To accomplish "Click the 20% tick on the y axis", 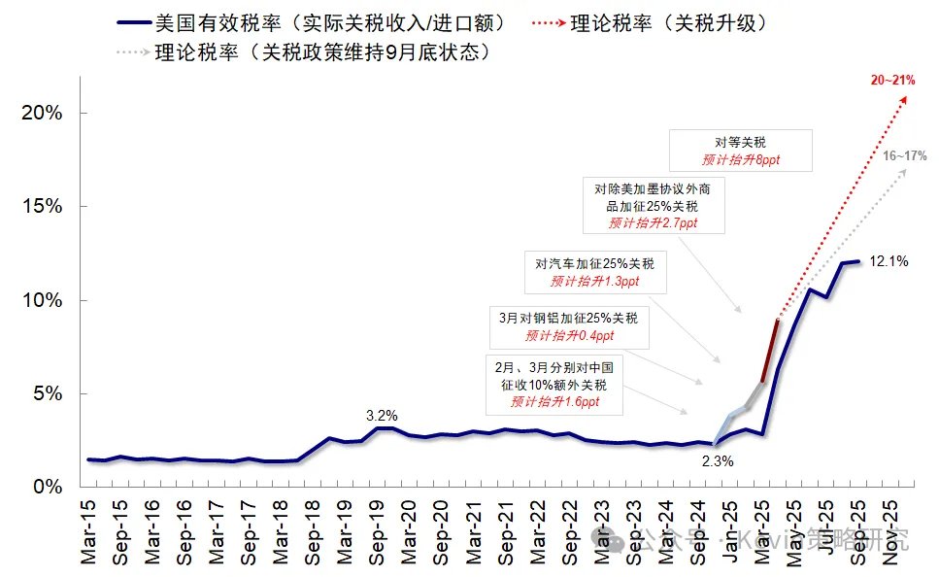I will pyautogui.click(x=41, y=113).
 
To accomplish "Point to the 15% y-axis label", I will pyautogui.click(x=41, y=207).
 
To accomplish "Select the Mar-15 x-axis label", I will pyautogui.click(x=89, y=529).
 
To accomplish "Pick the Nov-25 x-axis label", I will pyautogui.click(x=888, y=529).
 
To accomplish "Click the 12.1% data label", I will pyautogui.click(x=889, y=260).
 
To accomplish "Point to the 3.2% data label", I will pyautogui.click(x=382, y=416).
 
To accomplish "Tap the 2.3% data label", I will pyautogui.click(x=717, y=460).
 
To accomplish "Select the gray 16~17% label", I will pyautogui.click(x=905, y=155).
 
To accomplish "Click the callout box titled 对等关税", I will pyautogui.click(x=740, y=151).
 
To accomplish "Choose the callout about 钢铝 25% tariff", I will pyautogui.click(x=568, y=326).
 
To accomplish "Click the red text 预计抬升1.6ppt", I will pyautogui.click(x=554, y=401).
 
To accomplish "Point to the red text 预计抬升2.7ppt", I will pyautogui.click(x=653, y=223).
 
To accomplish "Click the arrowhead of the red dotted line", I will pyautogui.click(x=905, y=99).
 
